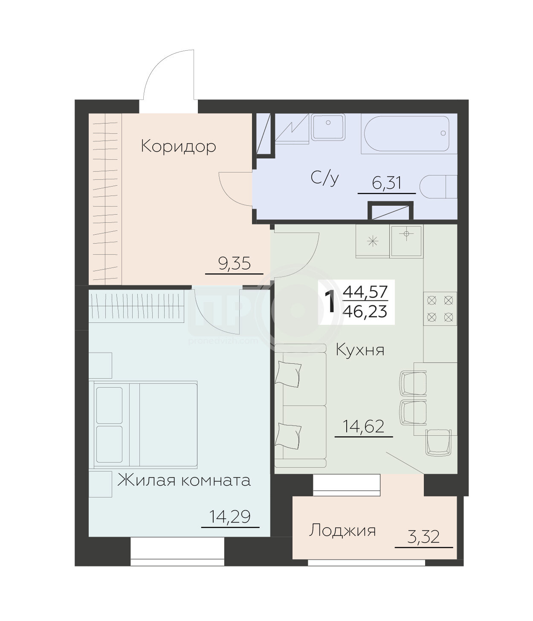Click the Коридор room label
178,147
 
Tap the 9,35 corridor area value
235,264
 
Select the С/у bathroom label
324,178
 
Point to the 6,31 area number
386,183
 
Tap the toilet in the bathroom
438,187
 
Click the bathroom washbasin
328,127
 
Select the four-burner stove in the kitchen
440,308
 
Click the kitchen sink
406,241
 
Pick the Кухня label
360,350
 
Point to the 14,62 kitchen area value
364,427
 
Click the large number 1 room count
330,302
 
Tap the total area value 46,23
365,312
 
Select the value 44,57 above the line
365,291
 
